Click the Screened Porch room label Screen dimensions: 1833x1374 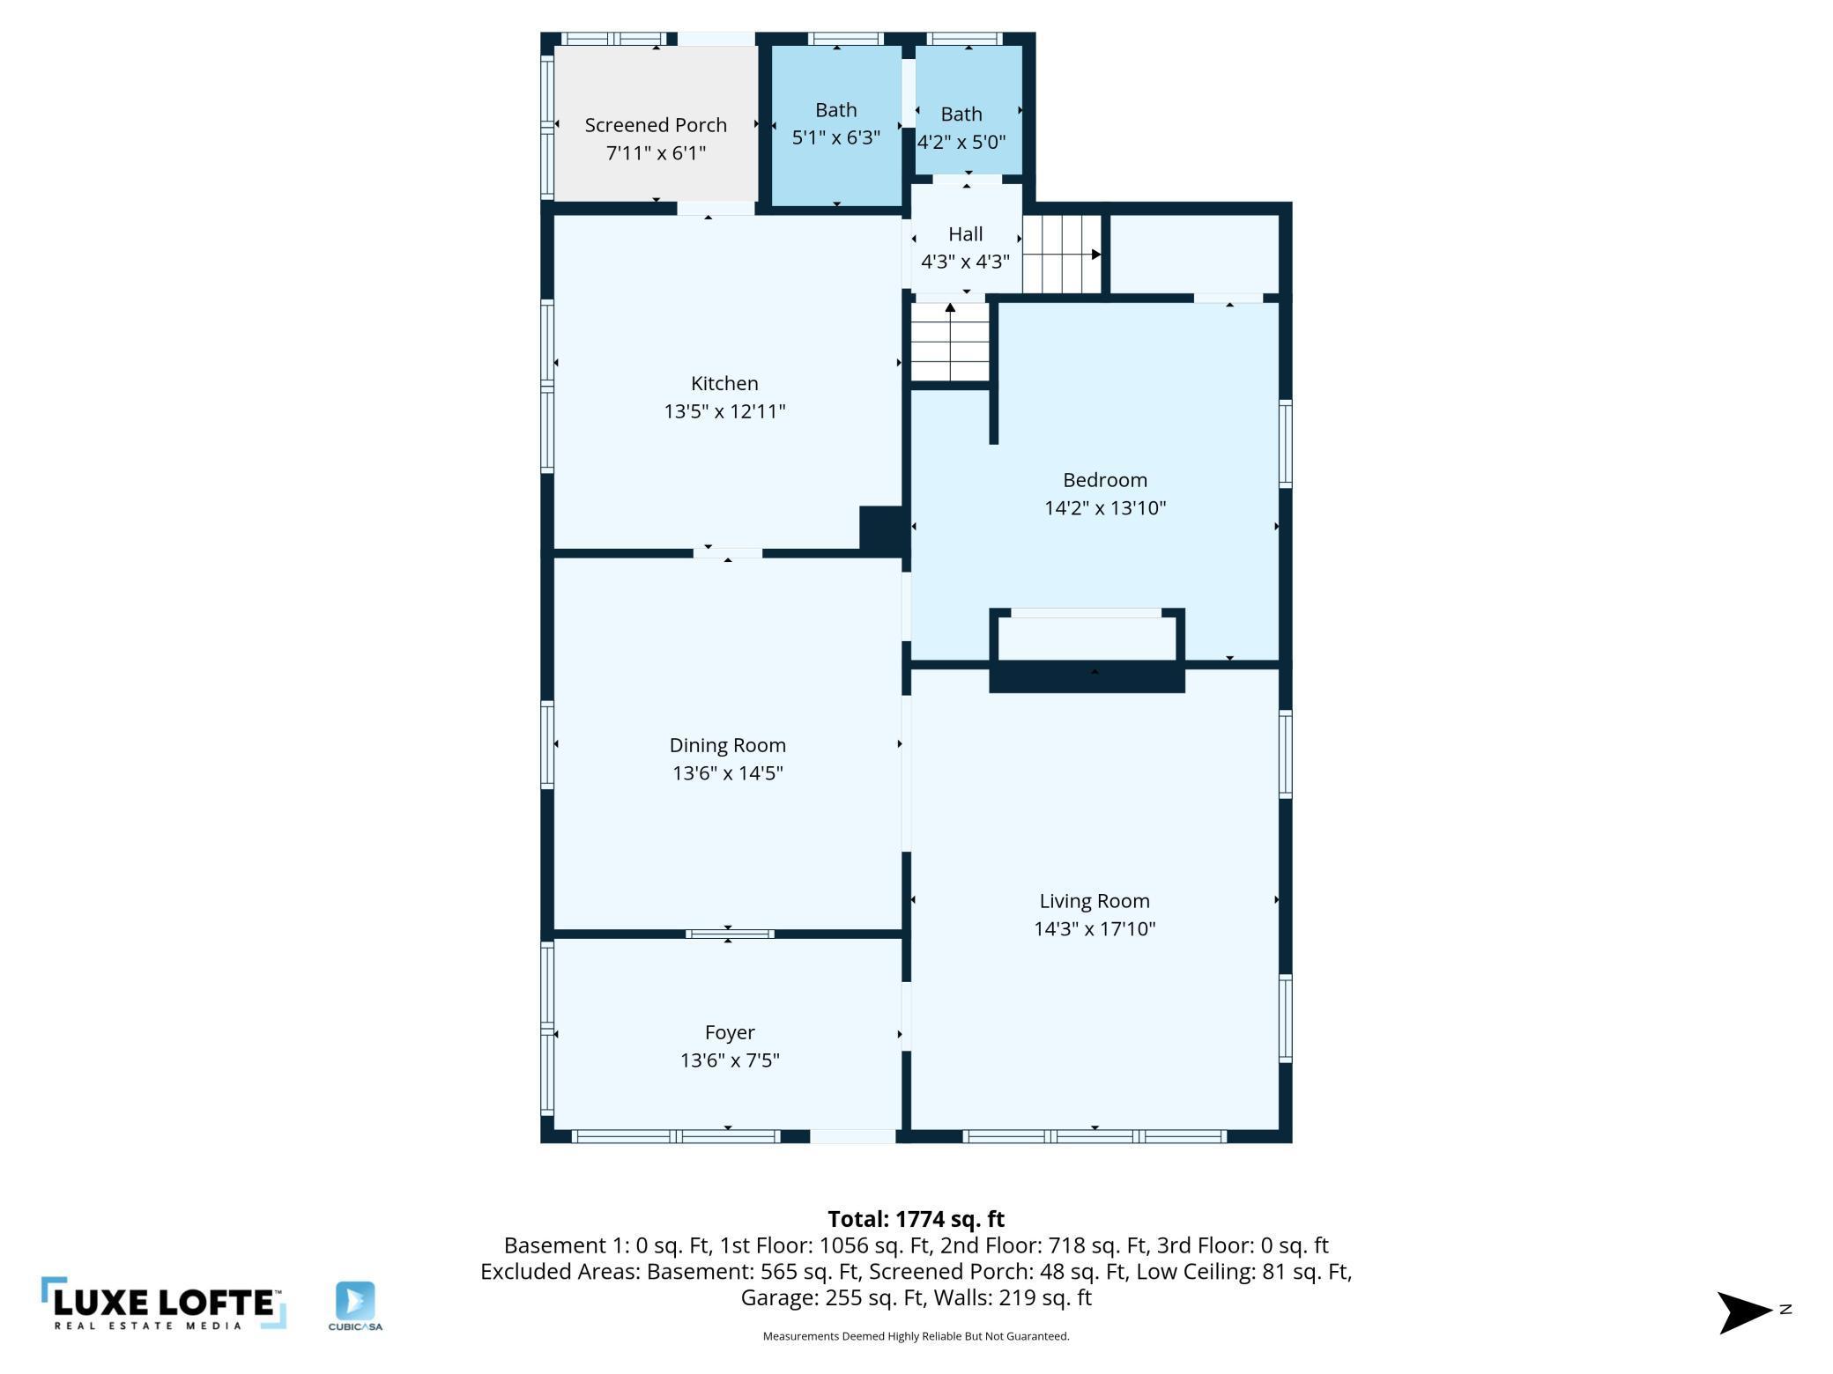[x=656, y=125]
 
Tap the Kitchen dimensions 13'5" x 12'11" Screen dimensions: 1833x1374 [x=724, y=411]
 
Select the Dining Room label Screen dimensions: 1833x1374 [x=727, y=745]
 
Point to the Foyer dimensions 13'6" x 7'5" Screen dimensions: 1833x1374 [x=730, y=1060]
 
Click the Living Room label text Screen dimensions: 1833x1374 [x=1095, y=901]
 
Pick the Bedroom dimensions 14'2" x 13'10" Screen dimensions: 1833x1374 [x=1105, y=507]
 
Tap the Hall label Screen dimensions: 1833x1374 [x=965, y=234]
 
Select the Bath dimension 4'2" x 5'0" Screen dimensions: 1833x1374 [x=961, y=142]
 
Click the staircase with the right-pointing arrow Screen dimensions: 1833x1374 [x=1062, y=254]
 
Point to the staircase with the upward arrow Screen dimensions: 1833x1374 [x=950, y=342]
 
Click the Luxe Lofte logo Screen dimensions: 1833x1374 [x=163, y=1303]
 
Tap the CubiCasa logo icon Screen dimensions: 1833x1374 [x=355, y=1301]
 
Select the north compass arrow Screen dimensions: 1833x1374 [x=1745, y=1312]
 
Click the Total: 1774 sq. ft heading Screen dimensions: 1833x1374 [x=916, y=1219]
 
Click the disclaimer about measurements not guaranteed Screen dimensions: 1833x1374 [x=916, y=1336]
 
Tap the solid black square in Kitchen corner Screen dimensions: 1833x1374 [x=881, y=530]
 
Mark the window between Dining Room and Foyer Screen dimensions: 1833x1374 [x=730, y=934]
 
